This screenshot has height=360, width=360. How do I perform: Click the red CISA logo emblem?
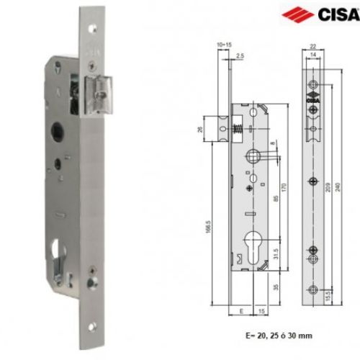tap(303, 14)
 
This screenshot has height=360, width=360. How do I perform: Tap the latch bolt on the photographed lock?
tap(100, 95)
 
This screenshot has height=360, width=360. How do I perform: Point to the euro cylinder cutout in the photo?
tap(57, 256)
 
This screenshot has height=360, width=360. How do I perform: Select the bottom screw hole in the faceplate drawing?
tap(313, 290)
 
